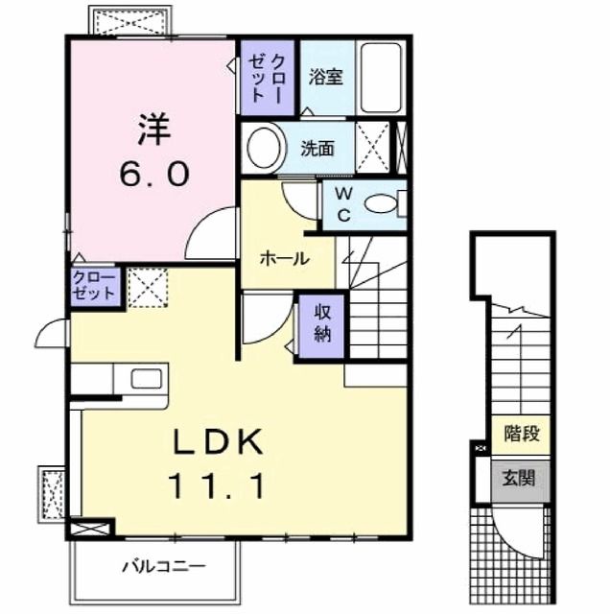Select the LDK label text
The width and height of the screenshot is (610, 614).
[219, 443]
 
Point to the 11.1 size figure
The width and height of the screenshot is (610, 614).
[219, 486]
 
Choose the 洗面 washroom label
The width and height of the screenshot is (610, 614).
[317, 148]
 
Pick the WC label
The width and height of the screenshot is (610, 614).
[342, 203]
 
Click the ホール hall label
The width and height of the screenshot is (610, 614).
[285, 258]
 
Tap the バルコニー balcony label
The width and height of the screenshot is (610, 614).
[162, 566]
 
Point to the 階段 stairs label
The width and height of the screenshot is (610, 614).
[521, 434]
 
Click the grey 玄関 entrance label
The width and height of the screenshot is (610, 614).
[521, 478]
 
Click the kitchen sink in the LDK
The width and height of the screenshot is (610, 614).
[141, 379]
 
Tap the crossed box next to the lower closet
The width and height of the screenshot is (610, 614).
[148, 286]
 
